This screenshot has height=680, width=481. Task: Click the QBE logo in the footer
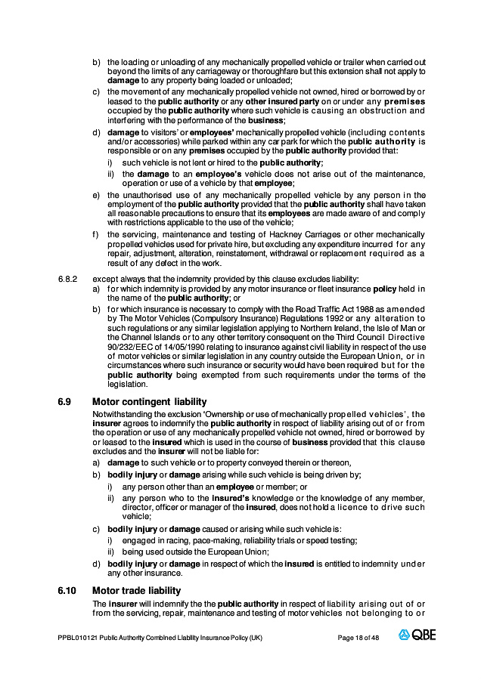click(x=418, y=637)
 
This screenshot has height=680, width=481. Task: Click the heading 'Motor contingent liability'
click(x=149, y=401)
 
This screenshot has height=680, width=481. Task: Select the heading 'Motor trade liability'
click(x=136, y=590)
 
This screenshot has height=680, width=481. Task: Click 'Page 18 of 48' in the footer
click(x=358, y=638)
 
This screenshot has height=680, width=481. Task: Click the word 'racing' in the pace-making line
click(x=166, y=540)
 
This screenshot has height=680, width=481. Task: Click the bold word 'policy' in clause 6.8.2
click(x=385, y=289)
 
